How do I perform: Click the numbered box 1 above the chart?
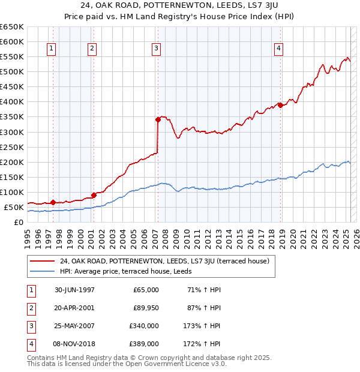(52, 49)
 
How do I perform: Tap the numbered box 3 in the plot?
(156, 49)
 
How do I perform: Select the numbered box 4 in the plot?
(279, 49)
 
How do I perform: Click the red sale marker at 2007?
(158, 119)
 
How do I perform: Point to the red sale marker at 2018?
(280, 105)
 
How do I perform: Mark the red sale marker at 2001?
(94, 195)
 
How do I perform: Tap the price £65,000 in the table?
(145, 290)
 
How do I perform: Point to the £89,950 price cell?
(145, 308)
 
